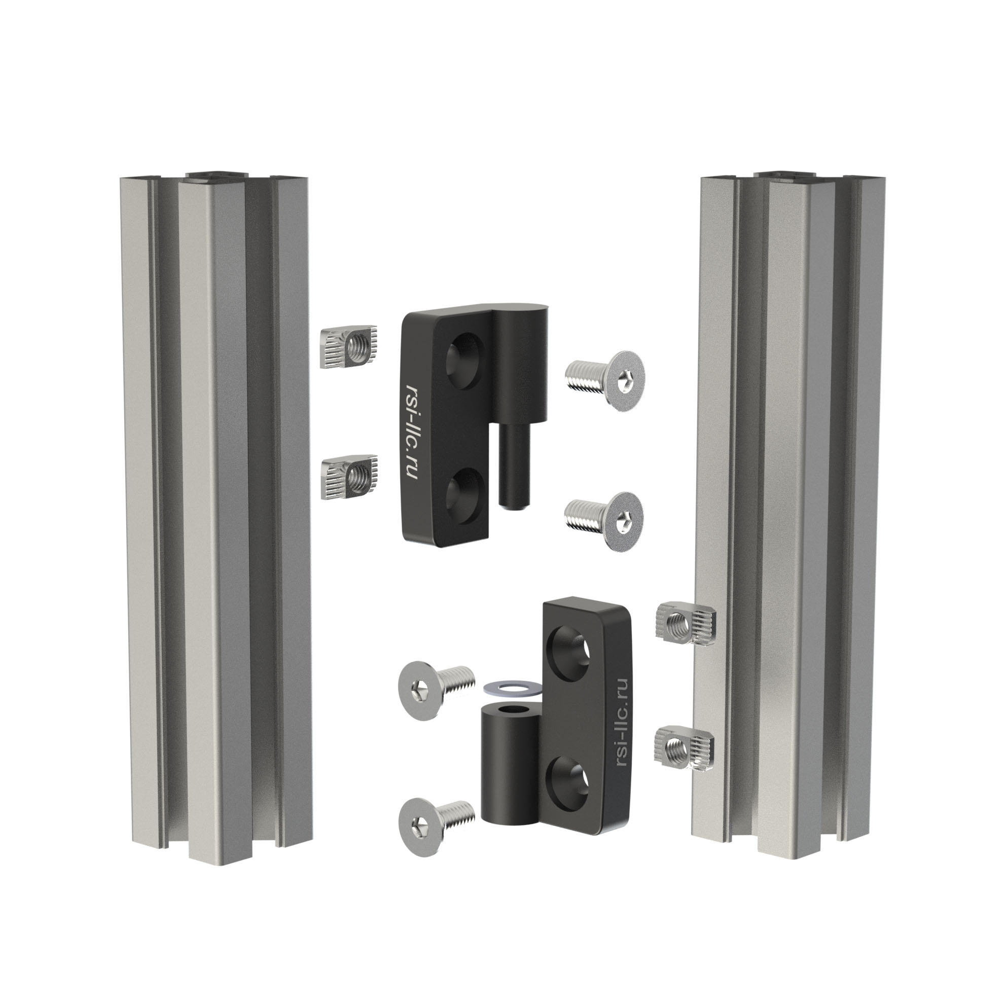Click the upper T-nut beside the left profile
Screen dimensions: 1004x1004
[349, 349]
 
